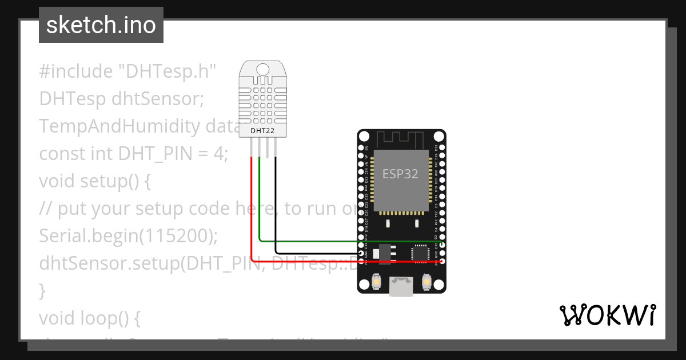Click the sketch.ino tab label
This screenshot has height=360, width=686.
pyautogui.click(x=101, y=25)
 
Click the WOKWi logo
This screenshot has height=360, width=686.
pyautogui.click(x=607, y=315)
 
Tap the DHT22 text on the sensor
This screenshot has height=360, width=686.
pyautogui.click(x=263, y=131)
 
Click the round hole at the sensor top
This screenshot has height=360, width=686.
pyautogui.click(x=263, y=70)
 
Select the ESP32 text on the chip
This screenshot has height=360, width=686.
pyautogui.click(x=401, y=174)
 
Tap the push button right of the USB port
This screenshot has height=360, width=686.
pyautogui.click(x=425, y=281)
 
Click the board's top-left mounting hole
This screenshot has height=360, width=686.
pyautogui.click(x=364, y=137)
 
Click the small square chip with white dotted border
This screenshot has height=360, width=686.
pyautogui.click(x=420, y=253)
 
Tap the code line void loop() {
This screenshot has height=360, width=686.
pyautogui.click(x=90, y=318)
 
